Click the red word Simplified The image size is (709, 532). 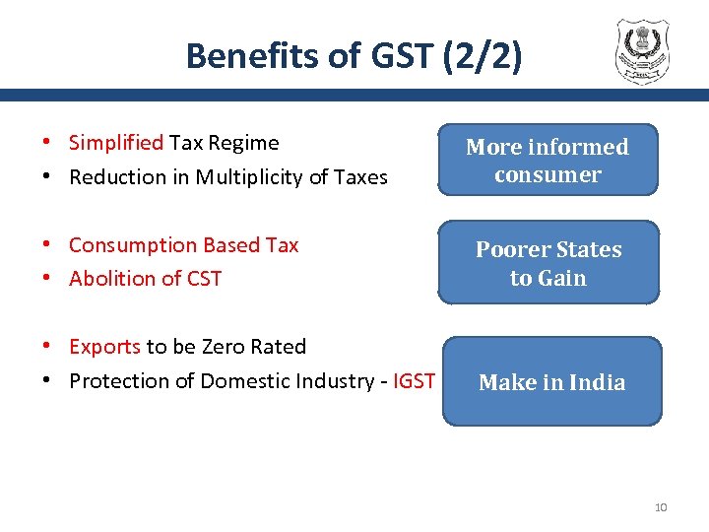coord(115,143)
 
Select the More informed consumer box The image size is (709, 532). coord(547,161)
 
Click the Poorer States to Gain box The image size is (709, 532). coord(548,263)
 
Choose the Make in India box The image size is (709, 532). coord(551,382)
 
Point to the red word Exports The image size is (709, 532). coord(104,347)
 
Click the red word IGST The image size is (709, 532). coord(414,381)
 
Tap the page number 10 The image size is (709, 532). coord(661,507)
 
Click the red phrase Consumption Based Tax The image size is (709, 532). coord(183,245)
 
